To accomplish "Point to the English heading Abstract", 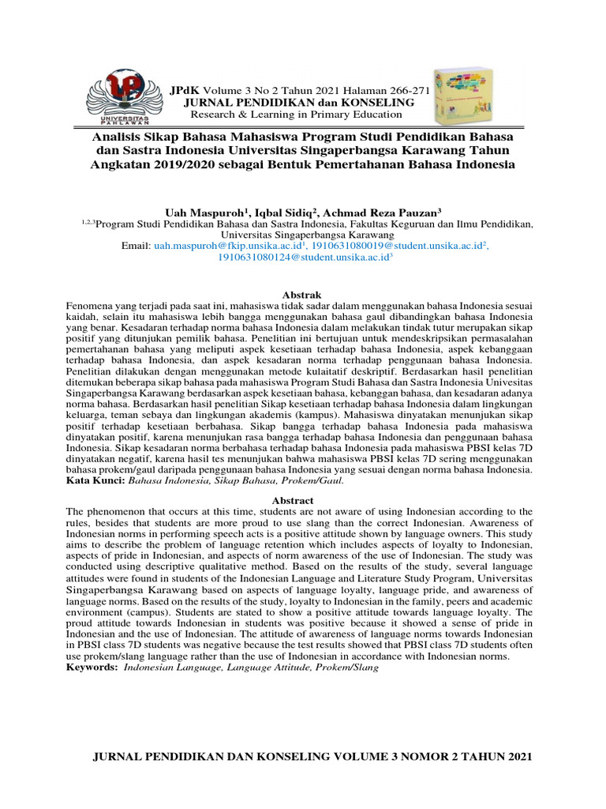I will pyautogui.click(x=293, y=501).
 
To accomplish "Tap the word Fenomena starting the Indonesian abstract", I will pyautogui.click(x=89, y=306).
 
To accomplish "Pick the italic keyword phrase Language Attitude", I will pyautogui.click(x=269, y=667).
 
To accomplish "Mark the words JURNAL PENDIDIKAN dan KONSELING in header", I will pyautogui.click(x=298, y=103).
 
